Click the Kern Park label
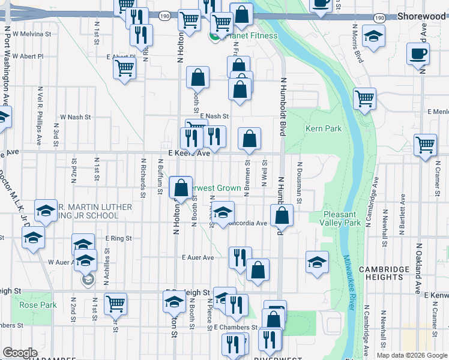[x=323, y=128]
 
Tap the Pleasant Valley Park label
[x=343, y=218]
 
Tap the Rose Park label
[x=38, y=305]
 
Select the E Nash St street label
[x=215, y=116]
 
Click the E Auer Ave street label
[x=198, y=257]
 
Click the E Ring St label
[x=118, y=238]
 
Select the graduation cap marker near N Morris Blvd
[x=374, y=37]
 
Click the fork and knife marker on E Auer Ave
[x=240, y=257]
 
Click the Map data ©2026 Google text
[x=411, y=355]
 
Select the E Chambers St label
[x=235, y=327]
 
